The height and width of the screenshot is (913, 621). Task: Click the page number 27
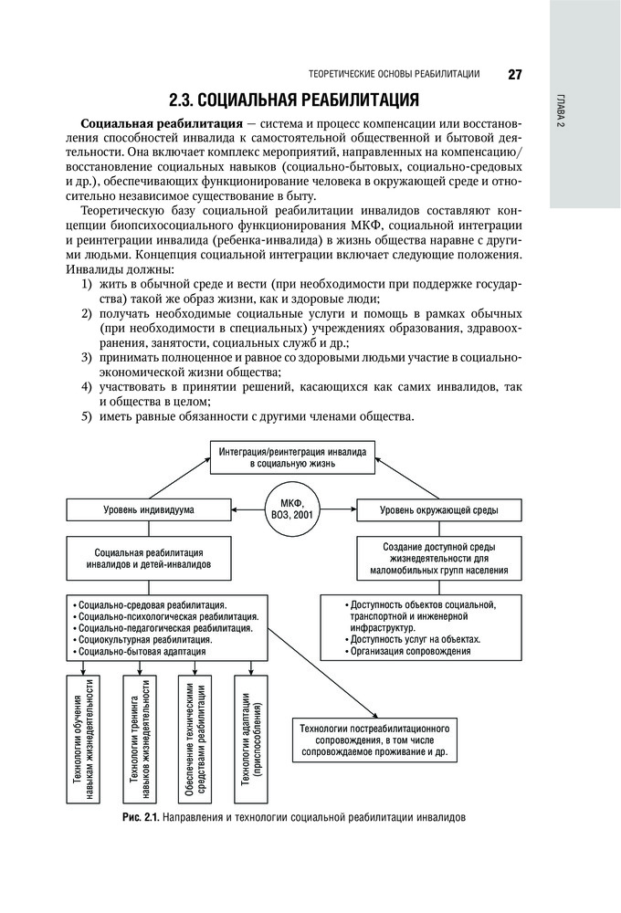pyautogui.click(x=514, y=74)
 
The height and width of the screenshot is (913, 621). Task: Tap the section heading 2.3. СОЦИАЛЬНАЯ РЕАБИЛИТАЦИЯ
pyautogui.click(x=295, y=99)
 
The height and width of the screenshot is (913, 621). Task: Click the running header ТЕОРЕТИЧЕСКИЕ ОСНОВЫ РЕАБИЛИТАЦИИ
pyautogui.click(x=395, y=75)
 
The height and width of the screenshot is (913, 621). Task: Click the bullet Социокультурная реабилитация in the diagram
pyautogui.click(x=145, y=640)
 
